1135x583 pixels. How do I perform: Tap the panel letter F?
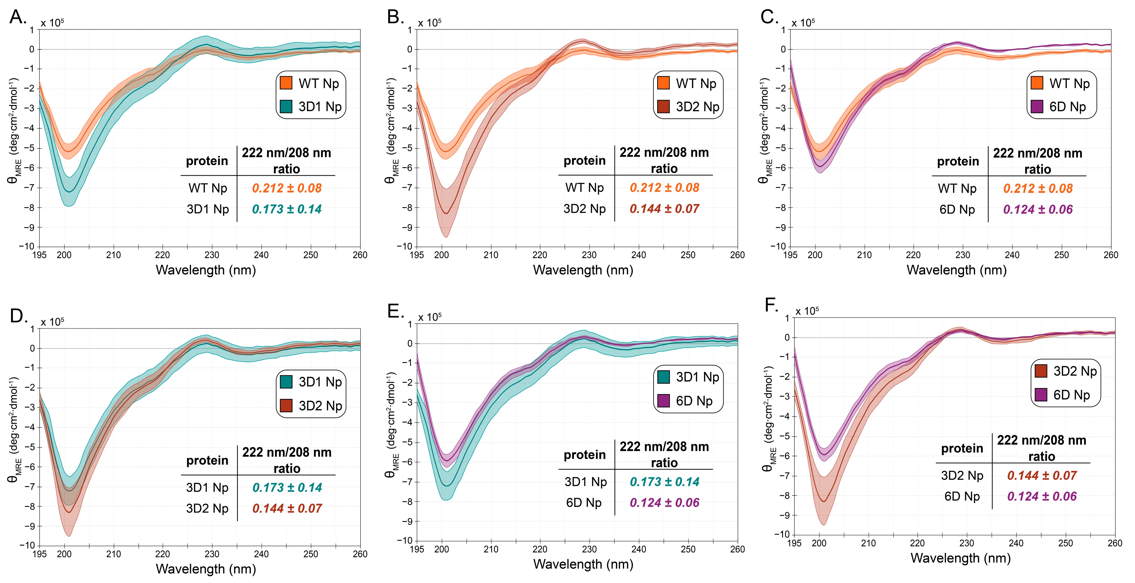point(771,305)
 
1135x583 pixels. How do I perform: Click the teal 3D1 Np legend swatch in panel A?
point(286,107)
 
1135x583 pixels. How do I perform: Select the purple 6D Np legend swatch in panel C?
point(1037,107)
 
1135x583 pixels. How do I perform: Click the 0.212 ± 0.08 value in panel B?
point(664,188)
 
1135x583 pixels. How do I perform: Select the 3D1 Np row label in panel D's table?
point(207,487)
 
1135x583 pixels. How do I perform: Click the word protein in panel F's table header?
point(962,449)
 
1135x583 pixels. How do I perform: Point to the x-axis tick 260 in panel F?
point(1115,543)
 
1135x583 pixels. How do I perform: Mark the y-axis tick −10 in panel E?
point(406,541)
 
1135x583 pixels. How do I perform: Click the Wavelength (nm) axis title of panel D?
point(206,569)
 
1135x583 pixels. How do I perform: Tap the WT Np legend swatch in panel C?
point(1037,83)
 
